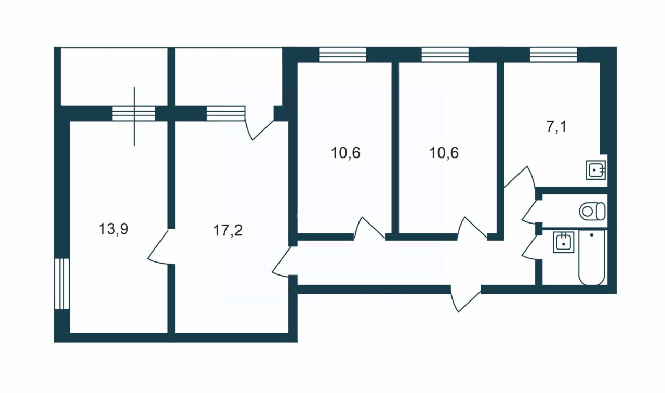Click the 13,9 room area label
pyautogui.click(x=113, y=229)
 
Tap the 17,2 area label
pyautogui.click(x=228, y=231)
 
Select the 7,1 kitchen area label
pyautogui.click(x=556, y=126)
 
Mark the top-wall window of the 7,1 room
pyautogui.click(x=553, y=55)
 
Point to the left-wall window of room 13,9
pyautogui.click(x=61, y=283)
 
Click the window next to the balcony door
pyautogui.click(x=225, y=113)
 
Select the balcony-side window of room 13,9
pyautogui.click(x=134, y=113)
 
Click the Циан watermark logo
pyautogui.click(x=540, y=333)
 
